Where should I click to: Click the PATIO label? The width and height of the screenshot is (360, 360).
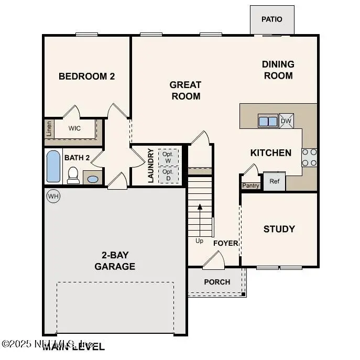coord(271,19)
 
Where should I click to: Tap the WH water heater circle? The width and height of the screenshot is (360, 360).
coord(53,196)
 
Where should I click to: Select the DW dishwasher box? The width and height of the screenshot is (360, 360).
coord(286,121)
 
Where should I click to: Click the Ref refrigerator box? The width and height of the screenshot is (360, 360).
coord(274,181)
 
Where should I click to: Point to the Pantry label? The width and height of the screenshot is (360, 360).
coord(250,186)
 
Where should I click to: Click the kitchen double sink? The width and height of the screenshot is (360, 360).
coord(268,121)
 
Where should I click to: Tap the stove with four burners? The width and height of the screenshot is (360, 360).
coord(309,157)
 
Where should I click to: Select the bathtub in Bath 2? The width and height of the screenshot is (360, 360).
coord(53,166)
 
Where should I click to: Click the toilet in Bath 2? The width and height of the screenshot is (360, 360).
coord(73,175)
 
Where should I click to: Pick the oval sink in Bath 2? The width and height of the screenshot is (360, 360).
coord(92,179)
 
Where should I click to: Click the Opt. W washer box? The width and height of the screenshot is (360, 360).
coord(168,157)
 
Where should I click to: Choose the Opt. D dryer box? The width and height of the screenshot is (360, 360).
coord(168,174)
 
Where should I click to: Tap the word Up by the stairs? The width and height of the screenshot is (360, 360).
coord(199,241)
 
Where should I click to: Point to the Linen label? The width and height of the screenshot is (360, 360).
coord(49,128)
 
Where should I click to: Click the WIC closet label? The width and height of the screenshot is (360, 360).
coord(75,128)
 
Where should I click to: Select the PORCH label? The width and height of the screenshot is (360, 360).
coord(217,282)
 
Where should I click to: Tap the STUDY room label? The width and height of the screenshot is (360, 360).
coord(279,229)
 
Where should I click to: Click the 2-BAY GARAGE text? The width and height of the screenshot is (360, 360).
coord(115,261)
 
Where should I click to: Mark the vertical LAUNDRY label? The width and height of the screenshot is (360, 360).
coord(150,165)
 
